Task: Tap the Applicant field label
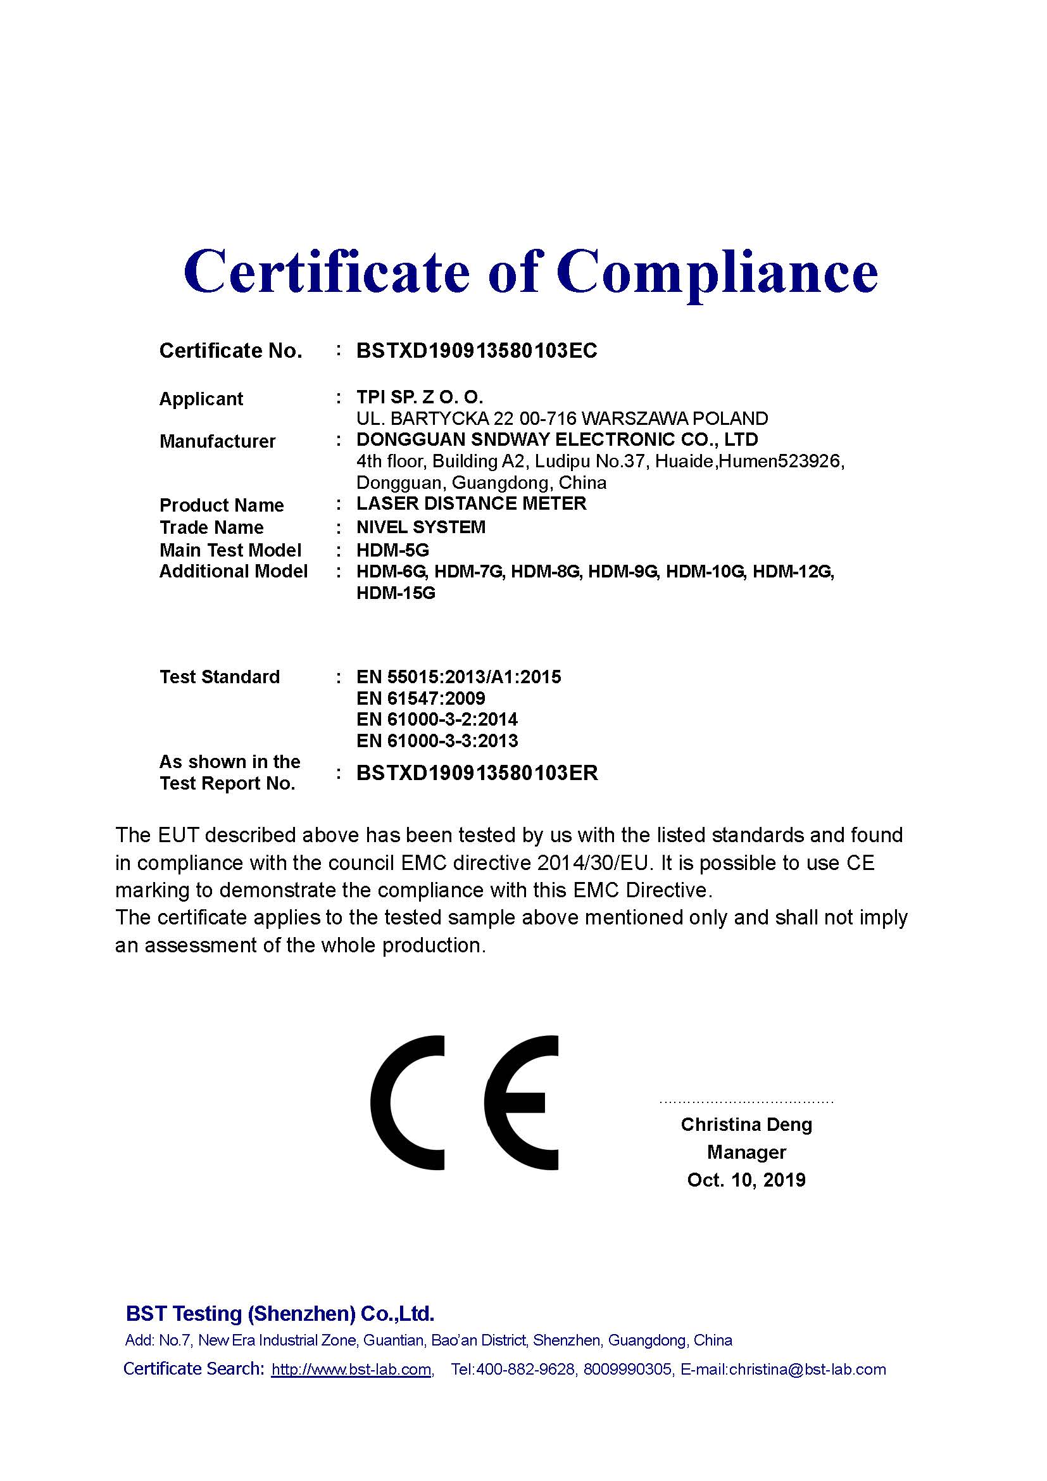[201, 399]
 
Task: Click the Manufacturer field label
[217, 441]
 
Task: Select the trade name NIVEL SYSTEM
[420, 527]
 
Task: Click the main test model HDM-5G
[392, 550]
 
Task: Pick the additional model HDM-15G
[396, 593]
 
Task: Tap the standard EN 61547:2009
[420, 698]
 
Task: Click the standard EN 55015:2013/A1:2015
[458, 677]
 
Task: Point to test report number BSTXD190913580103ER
[477, 772]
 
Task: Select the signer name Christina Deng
[746, 1125]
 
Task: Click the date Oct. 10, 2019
[746, 1180]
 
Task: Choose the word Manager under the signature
[746, 1152]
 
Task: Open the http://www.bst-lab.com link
[351, 1370]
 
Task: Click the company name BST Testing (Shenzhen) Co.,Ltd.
[280, 1313]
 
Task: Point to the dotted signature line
[746, 1102]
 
